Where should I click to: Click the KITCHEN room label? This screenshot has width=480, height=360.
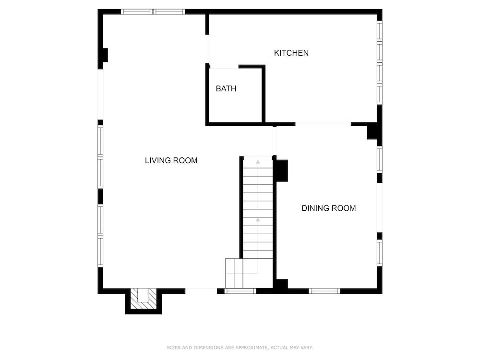(291, 53)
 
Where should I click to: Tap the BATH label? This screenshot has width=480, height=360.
(226, 89)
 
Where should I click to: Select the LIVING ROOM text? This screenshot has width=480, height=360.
(171, 160)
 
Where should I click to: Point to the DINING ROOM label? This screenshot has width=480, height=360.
(328, 208)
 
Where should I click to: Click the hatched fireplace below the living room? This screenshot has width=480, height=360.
(143, 299)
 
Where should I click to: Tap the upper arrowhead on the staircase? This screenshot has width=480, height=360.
(258, 162)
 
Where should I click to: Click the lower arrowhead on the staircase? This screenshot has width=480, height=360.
(258, 219)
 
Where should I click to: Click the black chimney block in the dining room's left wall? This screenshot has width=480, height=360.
(282, 170)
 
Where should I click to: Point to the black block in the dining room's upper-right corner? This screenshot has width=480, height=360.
(372, 132)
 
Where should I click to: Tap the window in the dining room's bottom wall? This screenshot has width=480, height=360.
(324, 291)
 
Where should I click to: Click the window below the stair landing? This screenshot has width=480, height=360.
(240, 291)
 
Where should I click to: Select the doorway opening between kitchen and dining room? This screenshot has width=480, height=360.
(323, 124)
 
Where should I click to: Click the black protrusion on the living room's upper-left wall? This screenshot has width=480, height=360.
(105, 55)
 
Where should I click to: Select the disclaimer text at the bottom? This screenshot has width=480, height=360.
(240, 348)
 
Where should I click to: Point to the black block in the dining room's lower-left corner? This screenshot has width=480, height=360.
(282, 284)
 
